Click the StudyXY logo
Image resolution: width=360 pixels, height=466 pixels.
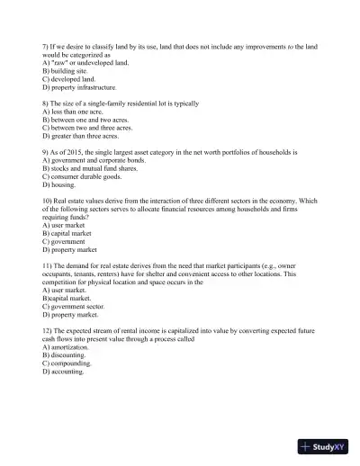(x=326, y=445)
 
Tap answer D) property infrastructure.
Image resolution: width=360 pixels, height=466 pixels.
(x=79, y=87)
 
